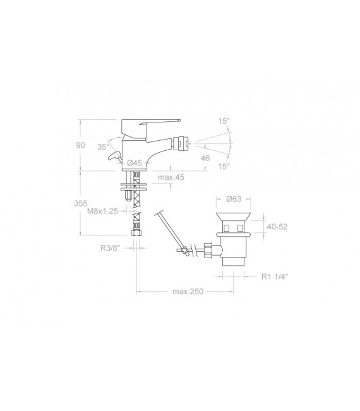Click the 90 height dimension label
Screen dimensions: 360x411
click(80, 145)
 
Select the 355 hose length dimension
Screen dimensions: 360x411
click(80, 203)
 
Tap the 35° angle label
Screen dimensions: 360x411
click(103, 146)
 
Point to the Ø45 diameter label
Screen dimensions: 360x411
click(135, 163)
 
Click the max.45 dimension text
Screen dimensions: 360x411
click(171, 177)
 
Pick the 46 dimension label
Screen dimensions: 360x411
click(205, 158)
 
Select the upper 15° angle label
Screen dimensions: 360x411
click(224, 121)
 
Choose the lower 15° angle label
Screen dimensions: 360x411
click(224, 166)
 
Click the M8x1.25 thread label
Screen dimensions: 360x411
click(102, 211)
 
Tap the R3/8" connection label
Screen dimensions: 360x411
click(110, 248)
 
